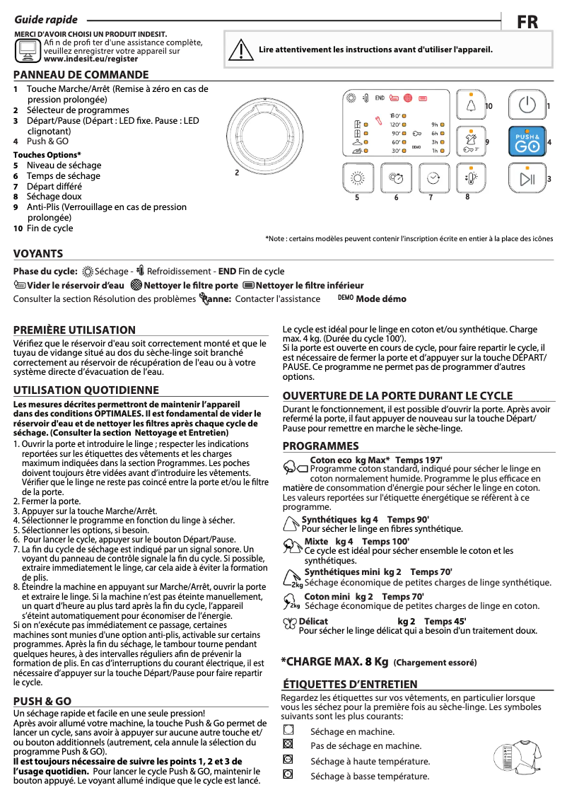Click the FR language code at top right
(527, 23)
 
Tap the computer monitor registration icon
(28, 50)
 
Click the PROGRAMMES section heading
(321, 446)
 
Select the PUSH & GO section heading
(42, 701)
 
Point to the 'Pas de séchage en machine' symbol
(287, 745)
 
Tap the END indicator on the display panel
(379, 98)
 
